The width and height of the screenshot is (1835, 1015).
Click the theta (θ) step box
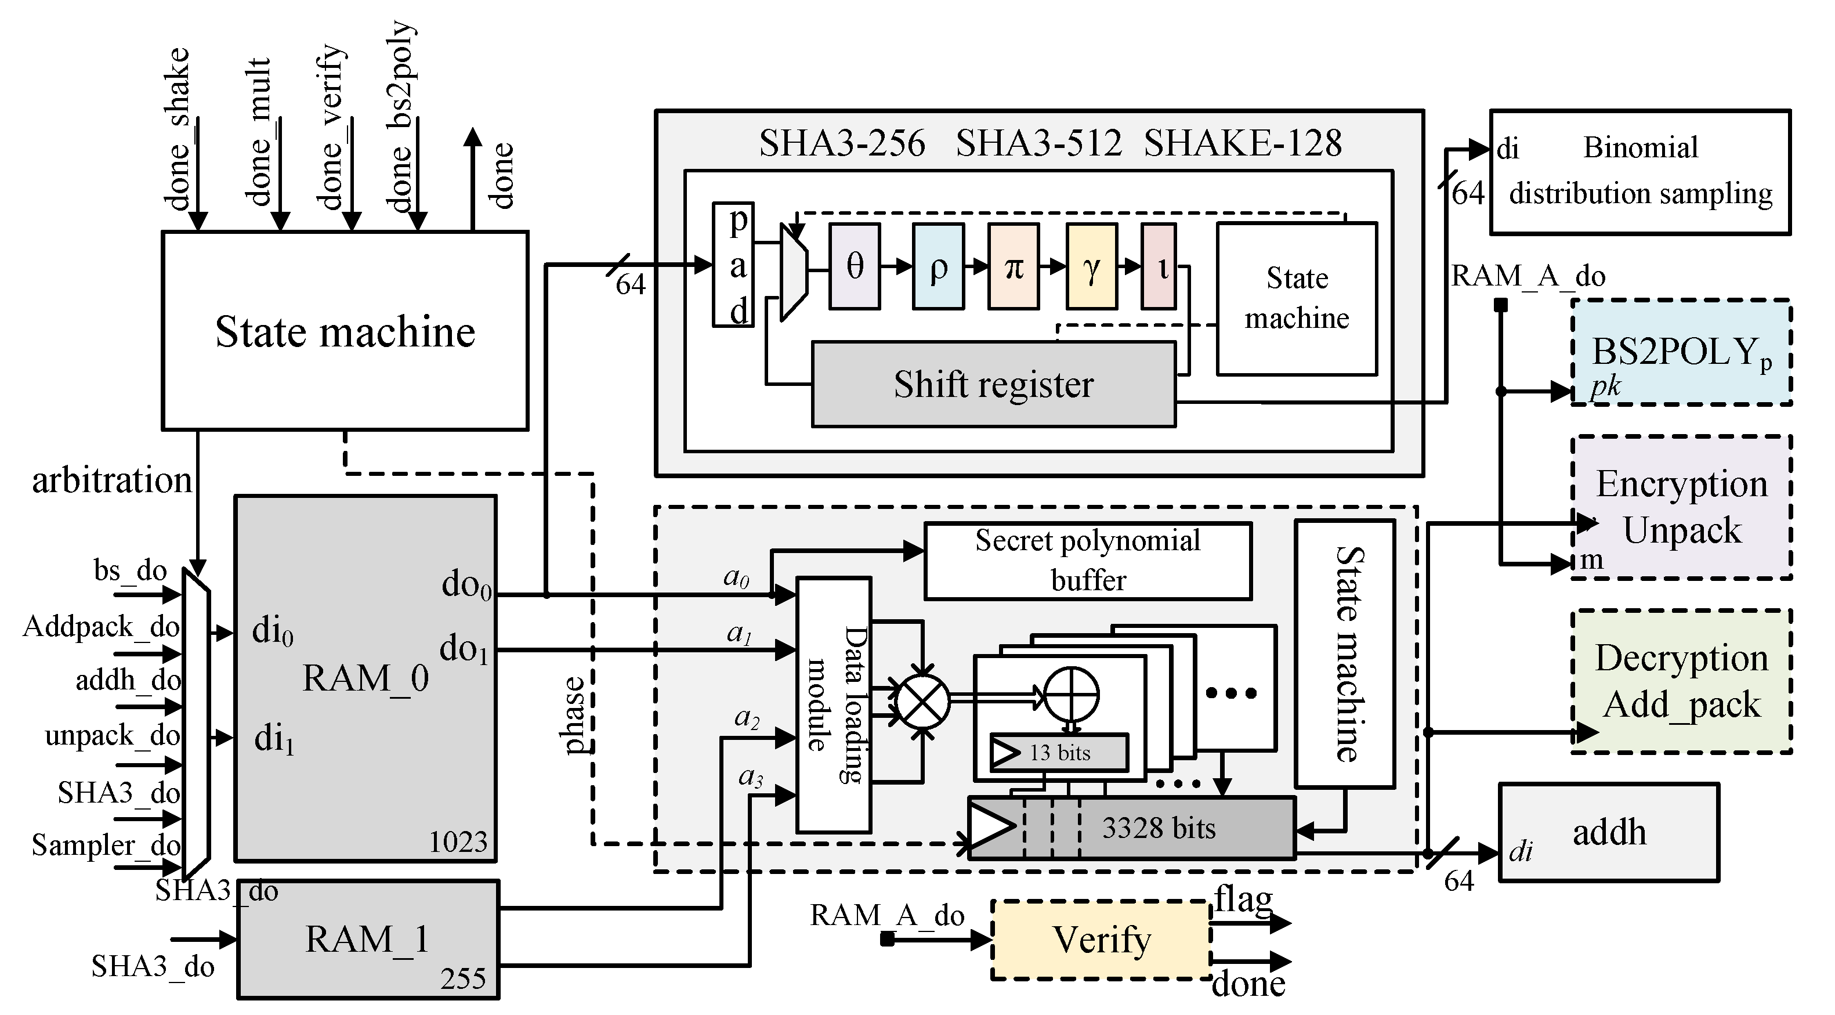854,266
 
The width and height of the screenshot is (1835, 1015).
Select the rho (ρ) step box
938,266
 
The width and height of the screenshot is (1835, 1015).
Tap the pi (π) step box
1013,266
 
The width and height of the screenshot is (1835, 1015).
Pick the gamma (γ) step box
1091,266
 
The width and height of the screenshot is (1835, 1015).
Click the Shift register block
993,384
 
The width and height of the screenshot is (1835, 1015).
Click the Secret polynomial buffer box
1087,560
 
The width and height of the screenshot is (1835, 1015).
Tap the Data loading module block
834,704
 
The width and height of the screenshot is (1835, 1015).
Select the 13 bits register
1059,753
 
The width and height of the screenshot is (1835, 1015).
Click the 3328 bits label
1159,828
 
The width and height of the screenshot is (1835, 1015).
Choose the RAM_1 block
368,939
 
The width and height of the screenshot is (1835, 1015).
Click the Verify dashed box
1101,940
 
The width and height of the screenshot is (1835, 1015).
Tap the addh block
1609,833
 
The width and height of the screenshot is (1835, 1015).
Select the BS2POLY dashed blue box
1681,352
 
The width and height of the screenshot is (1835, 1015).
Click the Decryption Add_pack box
1681,681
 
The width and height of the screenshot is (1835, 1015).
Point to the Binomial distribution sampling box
1640,171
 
